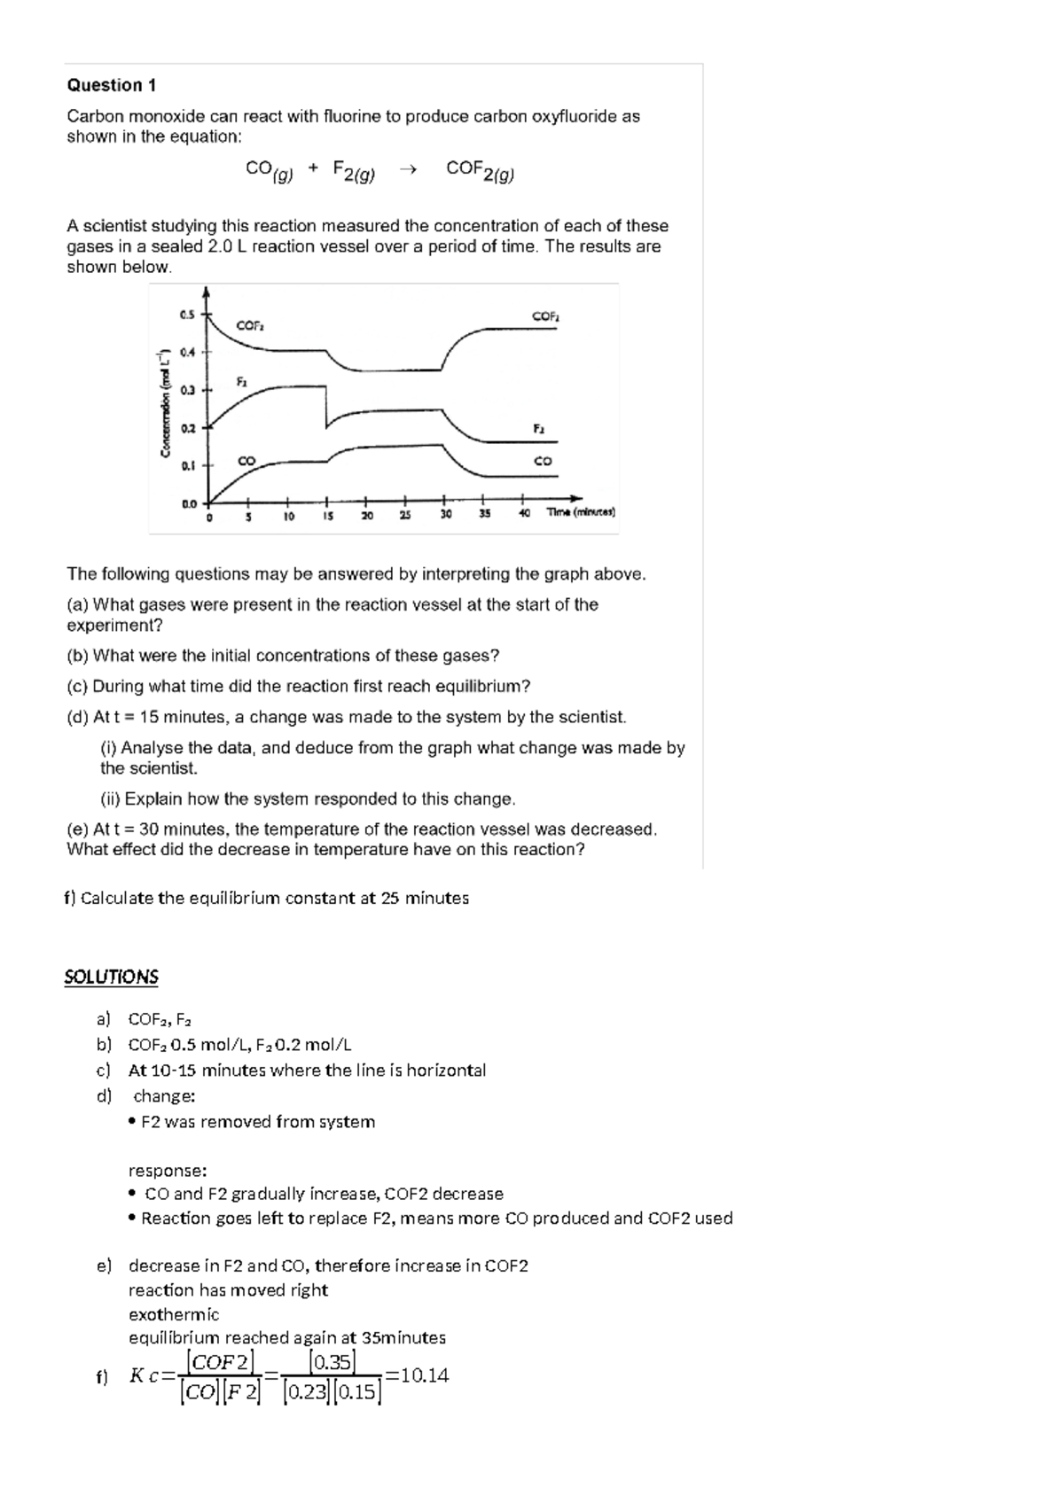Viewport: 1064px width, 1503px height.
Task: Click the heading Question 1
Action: click(x=112, y=85)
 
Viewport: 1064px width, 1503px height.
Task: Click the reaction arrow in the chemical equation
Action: click(x=408, y=170)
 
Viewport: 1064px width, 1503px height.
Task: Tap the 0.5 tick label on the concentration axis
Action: click(x=186, y=315)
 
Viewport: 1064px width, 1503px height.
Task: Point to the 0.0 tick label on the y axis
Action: click(x=189, y=504)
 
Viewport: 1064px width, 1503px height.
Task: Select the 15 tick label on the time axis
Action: click(x=327, y=515)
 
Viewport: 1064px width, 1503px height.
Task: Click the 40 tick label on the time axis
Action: click(x=524, y=514)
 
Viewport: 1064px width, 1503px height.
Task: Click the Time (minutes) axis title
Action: click(x=581, y=512)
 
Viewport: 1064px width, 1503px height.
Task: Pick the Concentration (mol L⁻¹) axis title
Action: click(x=165, y=401)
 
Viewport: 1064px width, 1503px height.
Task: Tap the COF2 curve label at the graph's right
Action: click(x=545, y=315)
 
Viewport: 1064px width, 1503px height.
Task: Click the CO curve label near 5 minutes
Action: click(x=246, y=461)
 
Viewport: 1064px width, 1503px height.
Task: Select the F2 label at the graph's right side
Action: click(x=538, y=428)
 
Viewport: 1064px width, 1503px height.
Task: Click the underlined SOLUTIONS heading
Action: click(x=111, y=977)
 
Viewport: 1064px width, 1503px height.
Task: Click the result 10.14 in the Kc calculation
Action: click(x=424, y=1375)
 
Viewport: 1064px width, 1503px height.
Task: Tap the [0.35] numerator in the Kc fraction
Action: click(x=332, y=1361)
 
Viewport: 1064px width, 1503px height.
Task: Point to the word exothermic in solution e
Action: click(x=174, y=1314)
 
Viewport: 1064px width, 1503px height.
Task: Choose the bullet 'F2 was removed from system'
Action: click(x=257, y=1122)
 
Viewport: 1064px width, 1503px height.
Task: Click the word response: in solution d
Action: click(x=168, y=1170)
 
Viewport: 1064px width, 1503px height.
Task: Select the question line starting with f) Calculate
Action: click(x=266, y=898)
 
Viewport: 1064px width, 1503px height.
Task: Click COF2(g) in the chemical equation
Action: click(x=480, y=170)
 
